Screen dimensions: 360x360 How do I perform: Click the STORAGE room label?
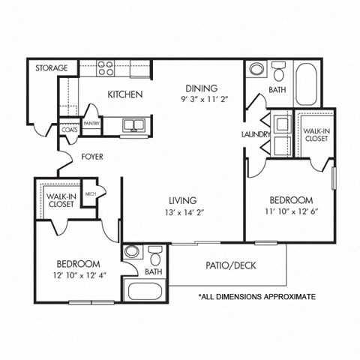coord(52,68)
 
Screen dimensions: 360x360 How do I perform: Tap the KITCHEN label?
coord(125,94)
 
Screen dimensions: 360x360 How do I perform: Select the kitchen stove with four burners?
coord(106,69)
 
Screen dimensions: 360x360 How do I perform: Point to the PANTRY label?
coord(92,124)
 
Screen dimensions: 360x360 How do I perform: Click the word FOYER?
coord(93,157)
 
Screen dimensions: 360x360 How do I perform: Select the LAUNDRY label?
coord(255,134)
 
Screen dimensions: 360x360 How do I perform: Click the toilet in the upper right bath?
coord(278,72)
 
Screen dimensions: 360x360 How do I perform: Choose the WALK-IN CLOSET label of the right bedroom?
coord(315,134)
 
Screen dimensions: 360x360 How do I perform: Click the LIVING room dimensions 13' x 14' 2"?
coord(182,212)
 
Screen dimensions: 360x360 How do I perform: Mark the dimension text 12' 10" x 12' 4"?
coord(79,275)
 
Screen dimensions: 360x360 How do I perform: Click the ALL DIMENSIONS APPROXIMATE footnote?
coord(256,297)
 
